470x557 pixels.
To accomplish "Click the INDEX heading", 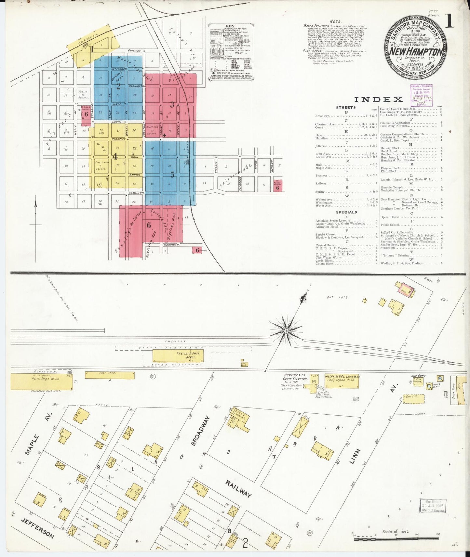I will pyautogui.click(x=378, y=99).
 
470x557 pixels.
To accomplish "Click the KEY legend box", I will pyautogui.click(x=231, y=52).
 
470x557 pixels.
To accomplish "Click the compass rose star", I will pyautogui.click(x=286, y=330).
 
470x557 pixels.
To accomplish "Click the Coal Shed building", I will pyautogui.click(x=110, y=375).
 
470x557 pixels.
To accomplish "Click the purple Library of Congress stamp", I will pyautogui.click(x=421, y=95).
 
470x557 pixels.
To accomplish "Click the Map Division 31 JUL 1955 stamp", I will pyautogui.click(x=433, y=506).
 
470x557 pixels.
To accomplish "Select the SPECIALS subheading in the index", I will pyautogui.click(x=346, y=212).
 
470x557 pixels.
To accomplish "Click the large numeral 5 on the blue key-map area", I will pyautogui.click(x=172, y=175).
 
